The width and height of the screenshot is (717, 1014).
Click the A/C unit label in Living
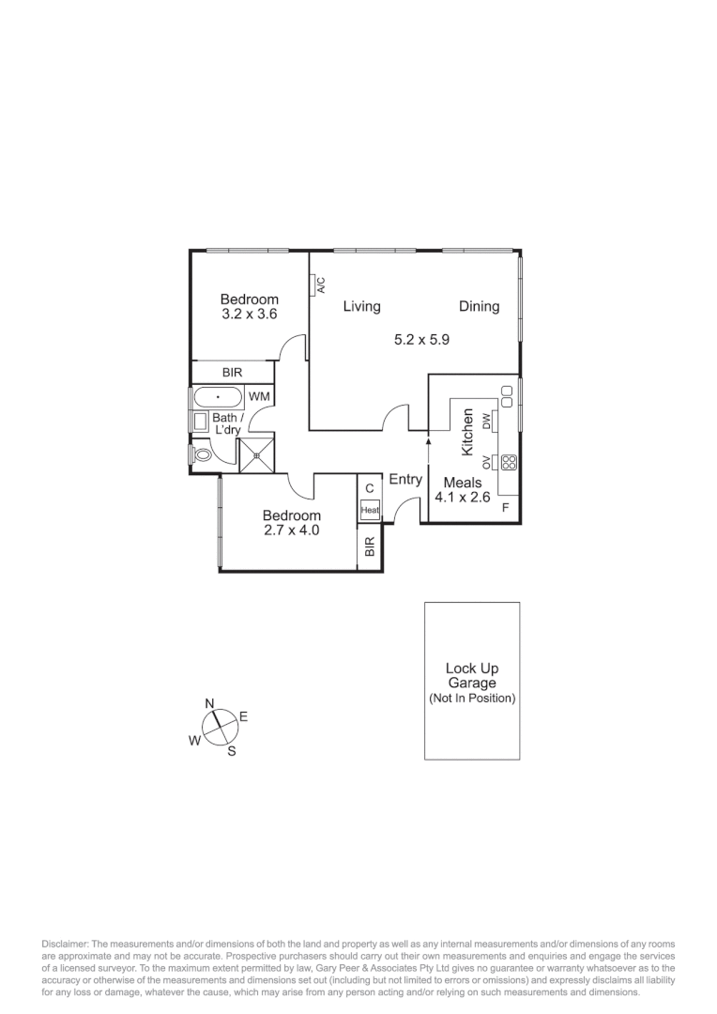[x=320, y=284]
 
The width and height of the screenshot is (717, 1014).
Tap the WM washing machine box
[x=259, y=397]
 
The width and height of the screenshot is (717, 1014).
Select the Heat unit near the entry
[x=370, y=511]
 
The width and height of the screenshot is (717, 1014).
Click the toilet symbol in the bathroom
[x=201, y=454]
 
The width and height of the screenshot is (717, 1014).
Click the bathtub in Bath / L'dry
[x=217, y=397]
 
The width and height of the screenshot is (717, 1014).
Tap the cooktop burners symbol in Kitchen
[x=509, y=462]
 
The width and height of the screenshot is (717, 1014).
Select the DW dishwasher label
[x=486, y=422]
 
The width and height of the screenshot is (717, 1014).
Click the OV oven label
[x=486, y=462]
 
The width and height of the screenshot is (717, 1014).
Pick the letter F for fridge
[x=506, y=508]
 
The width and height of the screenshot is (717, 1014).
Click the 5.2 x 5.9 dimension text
[x=422, y=340]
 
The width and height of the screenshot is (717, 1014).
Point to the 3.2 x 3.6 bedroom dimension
[x=250, y=315]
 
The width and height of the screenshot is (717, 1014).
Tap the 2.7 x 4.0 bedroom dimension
[x=291, y=530]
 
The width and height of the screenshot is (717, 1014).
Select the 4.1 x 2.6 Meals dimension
[x=462, y=498]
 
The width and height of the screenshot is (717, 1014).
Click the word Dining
[x=479, y=306]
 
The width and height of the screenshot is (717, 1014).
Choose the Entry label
[x=405, y=479]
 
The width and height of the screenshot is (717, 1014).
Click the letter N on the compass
[x=210, y=703]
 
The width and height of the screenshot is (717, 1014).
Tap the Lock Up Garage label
[x=471, y=676]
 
